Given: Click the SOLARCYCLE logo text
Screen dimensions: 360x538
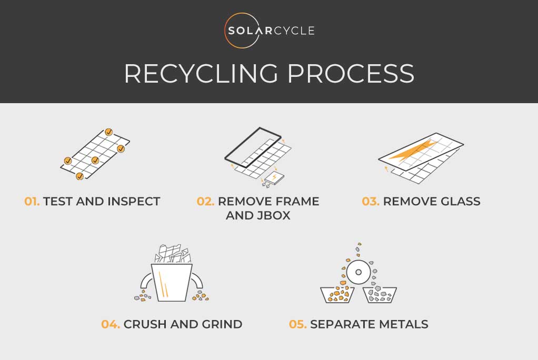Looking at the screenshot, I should point(272,31).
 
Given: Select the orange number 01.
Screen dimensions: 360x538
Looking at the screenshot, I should point(32,201).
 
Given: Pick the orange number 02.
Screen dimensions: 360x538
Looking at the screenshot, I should point(205,201).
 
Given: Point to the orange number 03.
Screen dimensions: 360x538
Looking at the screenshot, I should point(371,201).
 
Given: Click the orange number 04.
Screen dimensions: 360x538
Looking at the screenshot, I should point(111,324).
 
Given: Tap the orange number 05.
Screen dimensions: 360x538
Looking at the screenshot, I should point(298,324).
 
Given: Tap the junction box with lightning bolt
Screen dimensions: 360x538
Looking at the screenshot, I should point(275,178).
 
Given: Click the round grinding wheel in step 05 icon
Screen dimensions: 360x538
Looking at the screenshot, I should point(358,273).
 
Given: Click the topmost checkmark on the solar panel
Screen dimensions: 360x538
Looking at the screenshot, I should point(108,132).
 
